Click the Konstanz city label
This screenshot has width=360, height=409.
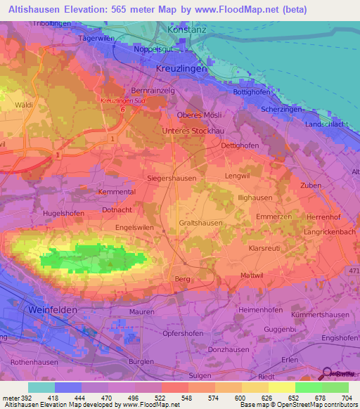coord(186,31)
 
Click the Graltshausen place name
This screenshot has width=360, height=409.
coord(201,223)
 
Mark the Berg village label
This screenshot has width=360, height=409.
coord(182,279)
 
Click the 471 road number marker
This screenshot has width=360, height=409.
coord(352,270)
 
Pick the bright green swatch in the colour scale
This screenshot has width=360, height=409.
coord(308,387)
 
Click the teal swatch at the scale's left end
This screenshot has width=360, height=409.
coord(41,387)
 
